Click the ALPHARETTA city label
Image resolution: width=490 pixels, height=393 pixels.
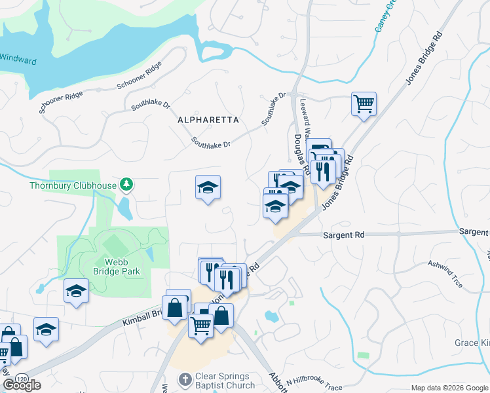pos(208,120)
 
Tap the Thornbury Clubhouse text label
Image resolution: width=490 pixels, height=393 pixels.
pos(72,185)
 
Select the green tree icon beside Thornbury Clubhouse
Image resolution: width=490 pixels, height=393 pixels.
pos(126,185)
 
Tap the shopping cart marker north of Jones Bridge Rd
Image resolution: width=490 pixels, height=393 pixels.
pos(364,103)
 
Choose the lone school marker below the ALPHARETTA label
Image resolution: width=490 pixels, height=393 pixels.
pos(208,188)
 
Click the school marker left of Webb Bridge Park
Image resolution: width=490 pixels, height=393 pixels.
pos(76,291)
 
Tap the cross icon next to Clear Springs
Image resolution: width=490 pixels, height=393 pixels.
pos(185,379)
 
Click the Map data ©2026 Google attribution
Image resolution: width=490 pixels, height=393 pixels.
pos(449,388)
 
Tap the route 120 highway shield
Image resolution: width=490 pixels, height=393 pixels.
pos(22,379)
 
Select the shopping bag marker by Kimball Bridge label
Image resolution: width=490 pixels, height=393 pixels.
pos(175,307)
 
